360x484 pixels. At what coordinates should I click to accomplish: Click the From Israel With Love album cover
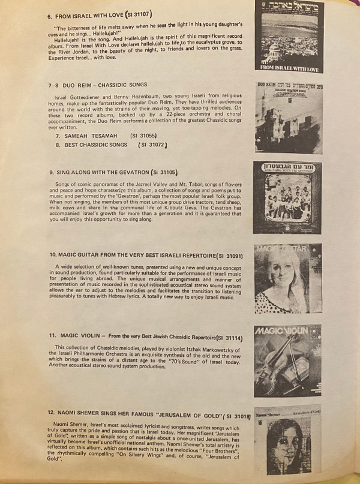point(287,35)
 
